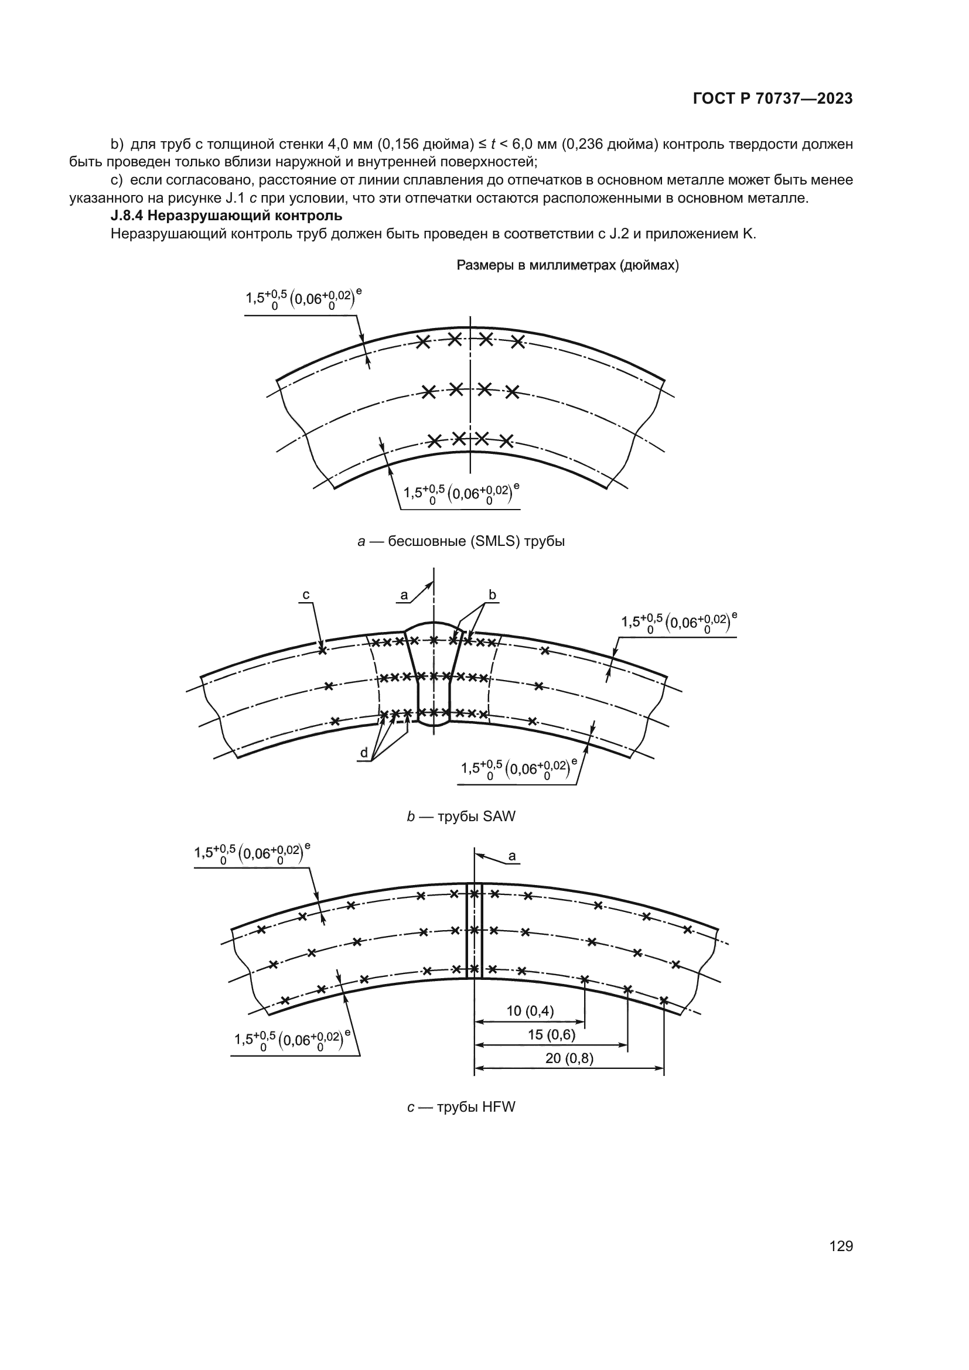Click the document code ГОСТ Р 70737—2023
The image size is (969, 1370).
tap(773, 99)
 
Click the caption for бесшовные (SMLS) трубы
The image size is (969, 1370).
tap(460, 542)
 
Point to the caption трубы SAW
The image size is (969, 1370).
tap(460, 817)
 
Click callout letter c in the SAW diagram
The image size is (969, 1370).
tap(306, 595)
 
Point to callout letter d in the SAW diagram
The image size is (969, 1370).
tap(364, 753)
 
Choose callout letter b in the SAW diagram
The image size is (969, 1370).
tap(492, 595)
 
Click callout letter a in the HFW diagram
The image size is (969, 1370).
tap(512, 856)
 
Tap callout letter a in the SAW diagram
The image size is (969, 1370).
tap(404, 595)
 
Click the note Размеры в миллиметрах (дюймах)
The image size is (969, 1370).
tap(568, 265)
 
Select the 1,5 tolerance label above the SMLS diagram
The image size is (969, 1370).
tap(303, 299)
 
